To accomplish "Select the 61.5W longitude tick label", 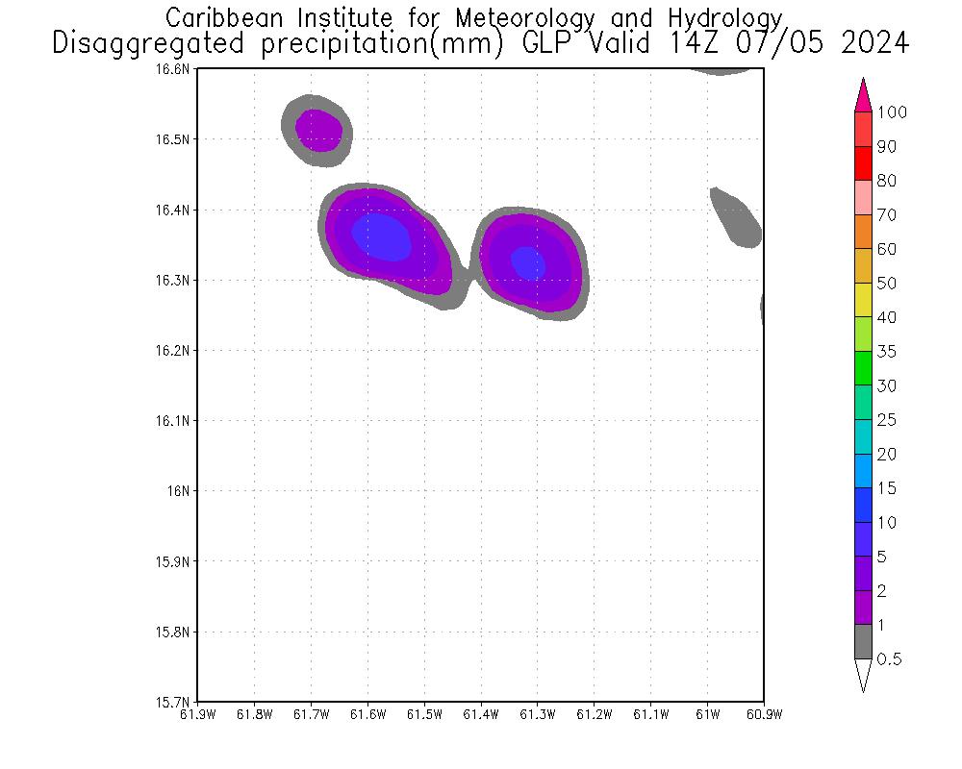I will (x=424, y=714).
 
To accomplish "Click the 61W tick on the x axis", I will (x=707, y=714).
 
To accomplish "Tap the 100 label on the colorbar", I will (x=892, y=112).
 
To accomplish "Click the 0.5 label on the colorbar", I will (x=890, y=659).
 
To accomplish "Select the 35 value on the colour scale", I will (x=886, y=352).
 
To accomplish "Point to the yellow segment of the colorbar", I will (x=863, y=300).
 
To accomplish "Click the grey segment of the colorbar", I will (x=863, y=641).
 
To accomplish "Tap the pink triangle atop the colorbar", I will (x=863, y=94).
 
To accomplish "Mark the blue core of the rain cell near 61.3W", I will (x=527, y=262).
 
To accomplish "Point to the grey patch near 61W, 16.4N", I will (x=737, y=217).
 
